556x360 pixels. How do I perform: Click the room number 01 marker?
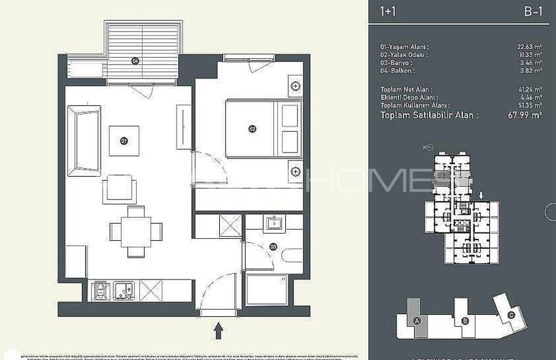click(x=123, y=140)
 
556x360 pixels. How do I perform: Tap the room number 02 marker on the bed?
click(x=252, y=129)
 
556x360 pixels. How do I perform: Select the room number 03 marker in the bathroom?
click(x=273, y=247)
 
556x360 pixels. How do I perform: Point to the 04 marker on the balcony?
click(x=135, y=61)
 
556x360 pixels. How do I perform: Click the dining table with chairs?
click(x=136, y=231)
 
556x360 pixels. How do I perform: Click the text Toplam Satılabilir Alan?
click(x=429, y=115)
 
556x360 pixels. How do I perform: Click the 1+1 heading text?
click(x=388, y=11)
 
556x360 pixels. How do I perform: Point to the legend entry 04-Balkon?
click(x=397, y=70)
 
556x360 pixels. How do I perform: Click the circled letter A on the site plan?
click(x=417, y=320)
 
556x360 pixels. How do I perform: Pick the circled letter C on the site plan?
click(x=512, y=314)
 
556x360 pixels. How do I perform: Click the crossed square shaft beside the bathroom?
click(x=230, y=226)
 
